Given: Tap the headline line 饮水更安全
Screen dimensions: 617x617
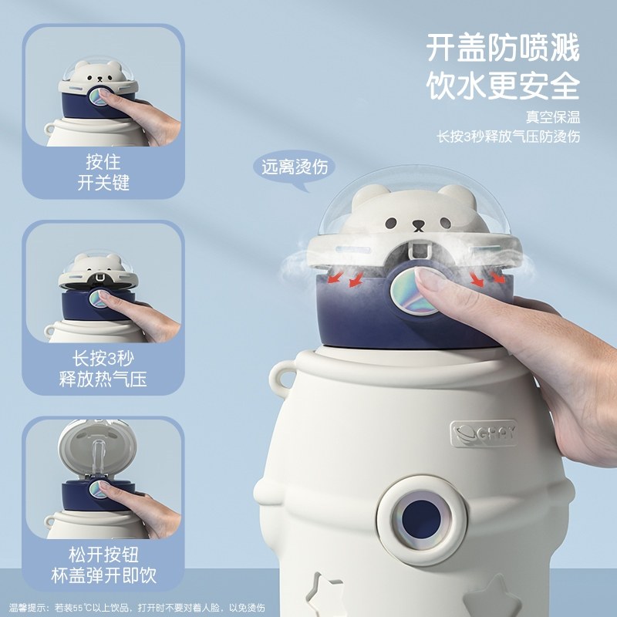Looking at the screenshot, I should pos(502,86).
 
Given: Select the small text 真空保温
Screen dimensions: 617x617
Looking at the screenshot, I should pos(552,117).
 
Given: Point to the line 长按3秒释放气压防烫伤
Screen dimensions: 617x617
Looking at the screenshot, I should pos(508,137).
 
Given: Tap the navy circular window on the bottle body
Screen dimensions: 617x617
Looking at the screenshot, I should pos(416,512).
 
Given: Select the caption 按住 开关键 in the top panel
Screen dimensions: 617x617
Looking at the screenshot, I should pos(103,174).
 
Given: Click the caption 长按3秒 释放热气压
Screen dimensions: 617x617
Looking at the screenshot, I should pos(103,369).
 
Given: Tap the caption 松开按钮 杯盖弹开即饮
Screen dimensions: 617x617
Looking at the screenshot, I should pos(103,565).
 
